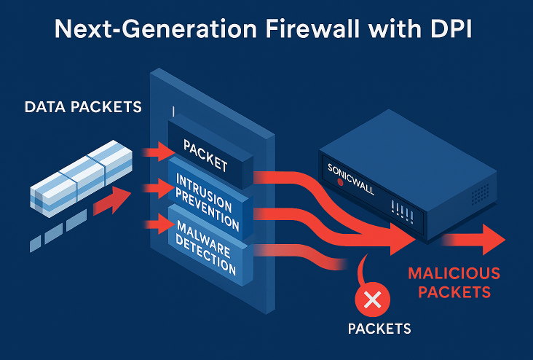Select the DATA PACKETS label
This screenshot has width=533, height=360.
click(83, 107)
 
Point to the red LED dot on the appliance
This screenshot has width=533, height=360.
click(339, 182)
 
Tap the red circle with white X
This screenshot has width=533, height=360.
click(372, 299)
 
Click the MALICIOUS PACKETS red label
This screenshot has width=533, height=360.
click(454, 283)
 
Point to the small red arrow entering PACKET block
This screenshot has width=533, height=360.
click(159, 152)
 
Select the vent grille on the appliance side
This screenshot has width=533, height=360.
click(480, 193)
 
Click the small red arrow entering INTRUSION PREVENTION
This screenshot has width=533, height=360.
click(159, 189)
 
